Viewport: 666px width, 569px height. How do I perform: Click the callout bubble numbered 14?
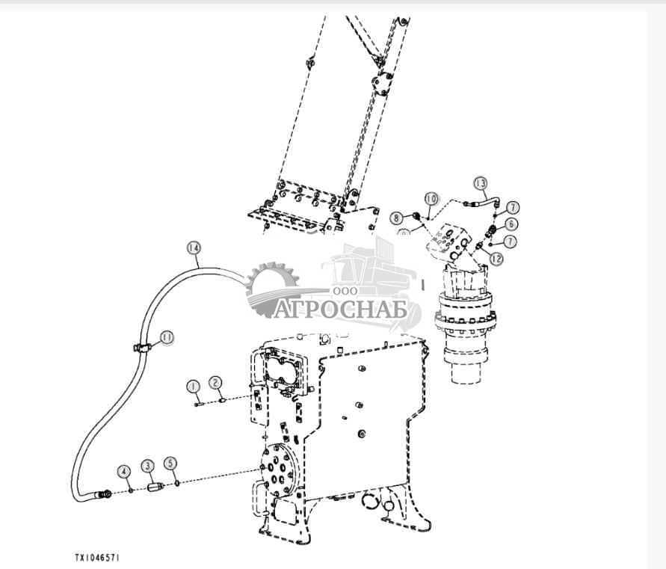[194, 247]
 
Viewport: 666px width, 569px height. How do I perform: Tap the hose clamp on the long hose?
[142, 346]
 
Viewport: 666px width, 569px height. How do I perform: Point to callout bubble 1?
[193, 386]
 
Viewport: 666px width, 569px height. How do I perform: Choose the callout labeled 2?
[215, 383]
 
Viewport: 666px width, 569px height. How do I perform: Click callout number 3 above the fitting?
[148, 466]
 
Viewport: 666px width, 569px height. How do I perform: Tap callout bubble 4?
[123, 471]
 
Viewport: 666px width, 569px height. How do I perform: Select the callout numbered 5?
[171, 463]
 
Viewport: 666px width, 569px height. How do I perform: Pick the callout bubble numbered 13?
[481, 183]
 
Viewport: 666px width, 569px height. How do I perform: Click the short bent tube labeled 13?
[478, 200]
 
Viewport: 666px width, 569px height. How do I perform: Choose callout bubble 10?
[431, 199]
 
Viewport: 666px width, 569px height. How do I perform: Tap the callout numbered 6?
[511, 223]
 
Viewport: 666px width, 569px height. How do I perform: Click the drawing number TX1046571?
[97, 558]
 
